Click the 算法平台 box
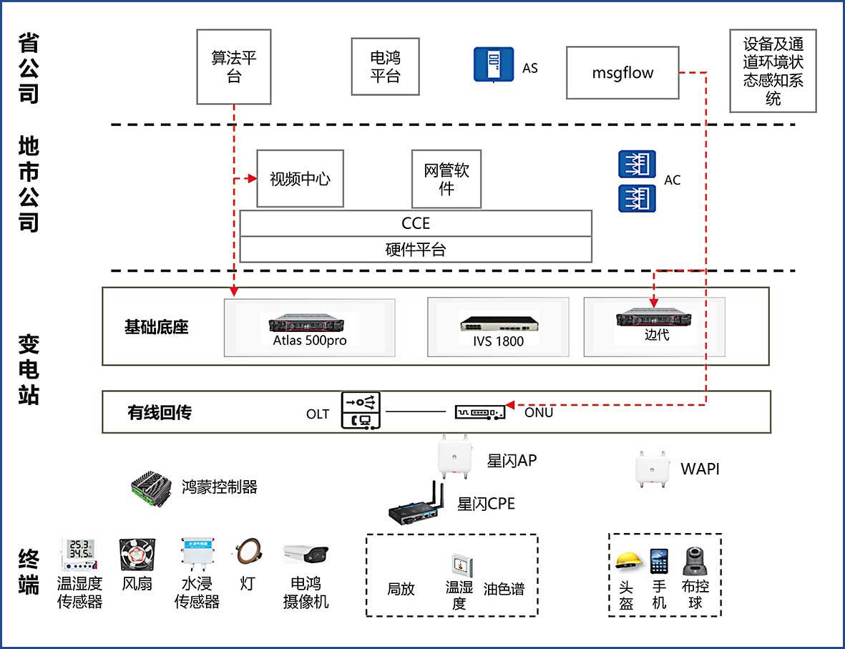(x=234, y=67)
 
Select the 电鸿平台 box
(x=385, y=67)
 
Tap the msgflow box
(x=622, y=73)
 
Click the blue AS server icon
(x=494, y=64)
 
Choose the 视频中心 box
(x=301, y=179)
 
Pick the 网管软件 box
(x=446, y=179)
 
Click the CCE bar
(x=416, y=223)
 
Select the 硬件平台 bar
(x=416, y=250)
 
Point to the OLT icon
(x=361, y=411)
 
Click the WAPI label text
(x=700, y=469)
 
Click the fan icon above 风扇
(x=137, y=557)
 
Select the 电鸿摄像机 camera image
(x=306, y=556)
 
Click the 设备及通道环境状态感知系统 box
(x=773, y=71)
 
